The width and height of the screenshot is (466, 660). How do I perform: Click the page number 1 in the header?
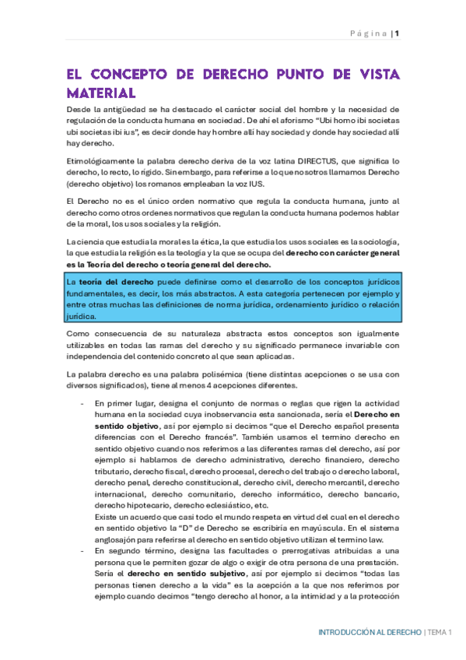click(397, 33)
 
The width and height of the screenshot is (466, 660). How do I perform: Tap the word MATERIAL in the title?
click(101, 93)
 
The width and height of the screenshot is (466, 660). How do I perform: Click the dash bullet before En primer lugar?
click(82, 405)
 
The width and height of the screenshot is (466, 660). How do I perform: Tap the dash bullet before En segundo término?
click(82, 550)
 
